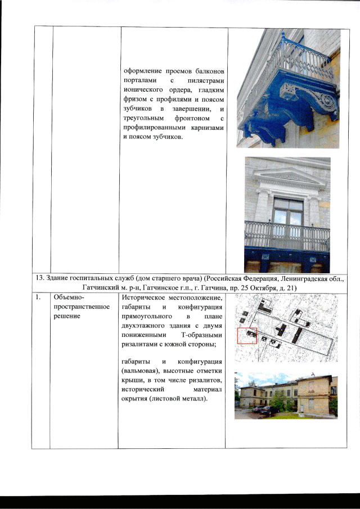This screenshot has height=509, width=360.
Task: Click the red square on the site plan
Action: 247,336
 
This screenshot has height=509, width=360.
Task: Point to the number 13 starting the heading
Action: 40,278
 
